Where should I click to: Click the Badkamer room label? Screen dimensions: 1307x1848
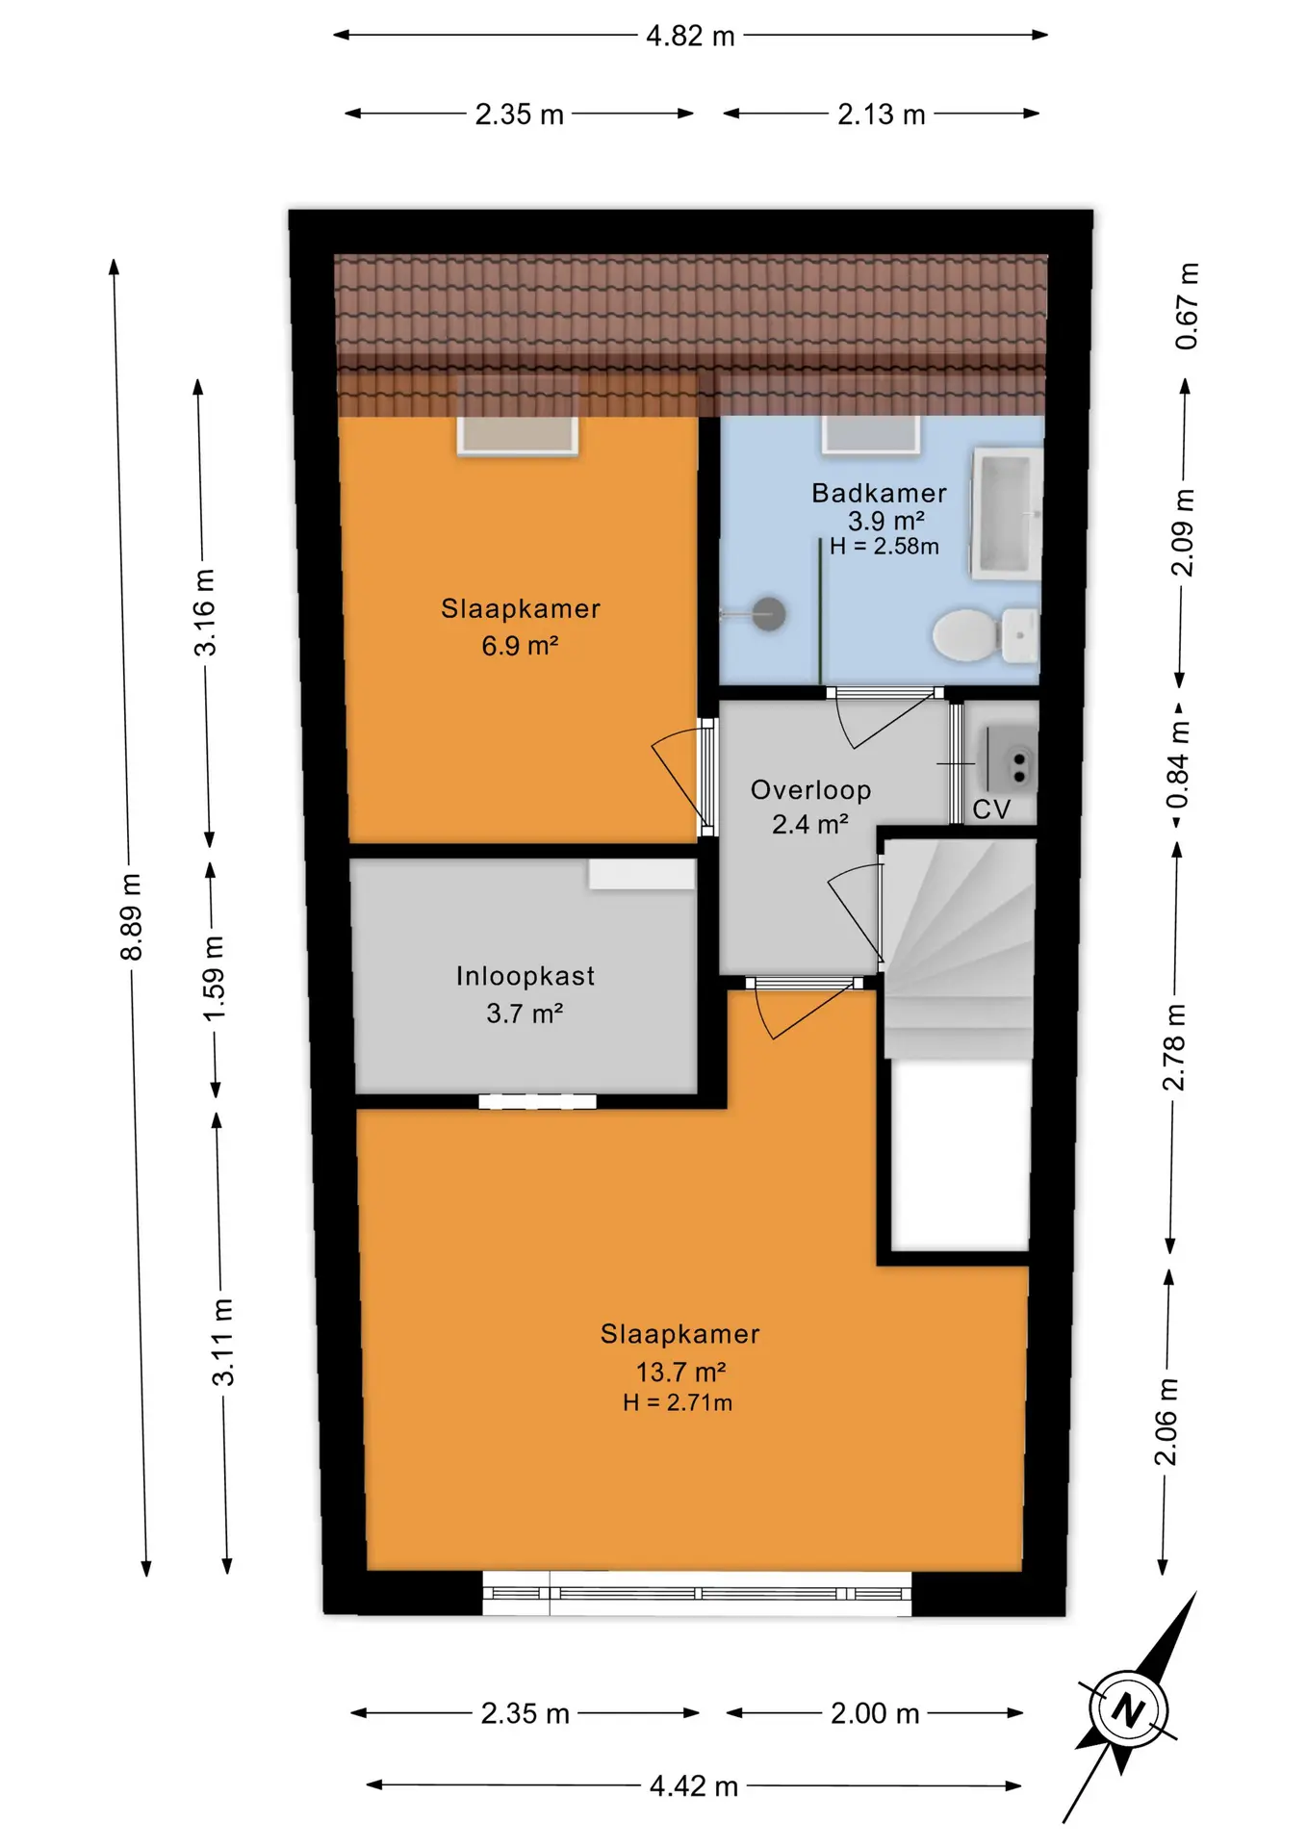(x=879, y=493)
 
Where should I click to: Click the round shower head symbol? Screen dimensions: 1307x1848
(x=768, y=613)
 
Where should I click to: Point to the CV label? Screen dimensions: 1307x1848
(x=991, y=809)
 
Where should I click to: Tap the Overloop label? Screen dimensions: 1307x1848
(x=810, y=790)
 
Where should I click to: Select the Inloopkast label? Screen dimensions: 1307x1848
(x=525, y=976)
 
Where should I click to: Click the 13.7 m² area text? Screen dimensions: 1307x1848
(x=680, y=1372)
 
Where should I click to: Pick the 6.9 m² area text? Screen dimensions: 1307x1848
(x=520, y=645)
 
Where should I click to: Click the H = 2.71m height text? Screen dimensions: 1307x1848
(x=678, y=1402)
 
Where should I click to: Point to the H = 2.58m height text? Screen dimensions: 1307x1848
(x=884, y=546)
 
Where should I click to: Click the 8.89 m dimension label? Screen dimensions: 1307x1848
(x=131, y=917)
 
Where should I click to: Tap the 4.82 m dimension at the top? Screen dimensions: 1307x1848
(x=690, y=36)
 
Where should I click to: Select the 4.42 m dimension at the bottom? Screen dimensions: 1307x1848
(x=693, y=1786)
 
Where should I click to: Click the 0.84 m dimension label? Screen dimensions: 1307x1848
(x=1178, y=766)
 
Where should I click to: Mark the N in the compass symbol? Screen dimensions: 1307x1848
(x=1128, y=1710)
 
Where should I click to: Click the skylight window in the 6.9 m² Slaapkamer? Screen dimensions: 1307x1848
(x=518, y=434)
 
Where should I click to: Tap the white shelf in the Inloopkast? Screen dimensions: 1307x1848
(x=642, y=874)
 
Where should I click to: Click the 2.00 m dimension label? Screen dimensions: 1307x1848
(x=875, y=1713)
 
